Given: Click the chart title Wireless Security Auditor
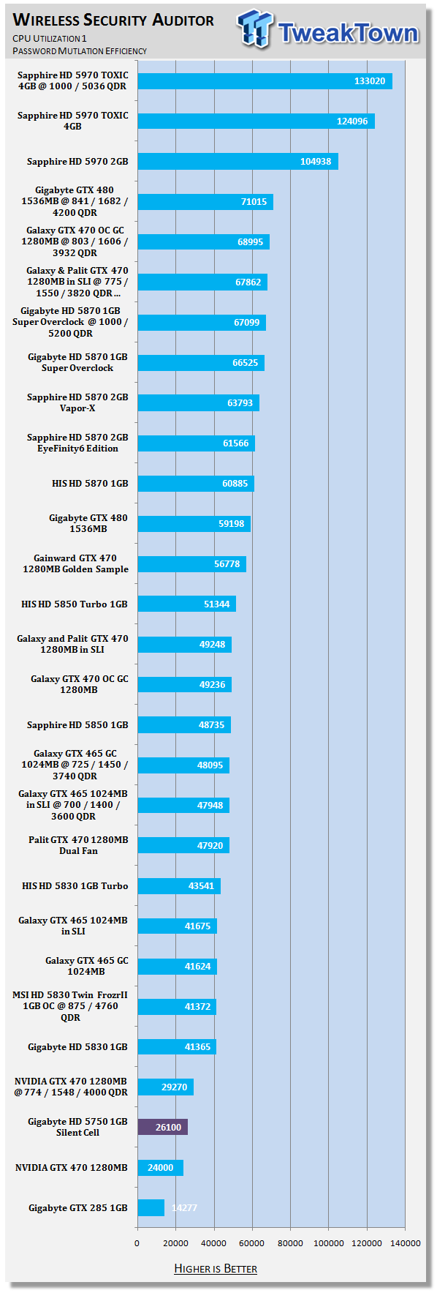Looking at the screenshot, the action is [x=114, y=20].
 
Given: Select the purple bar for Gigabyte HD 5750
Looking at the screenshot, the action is [x=163, y=1127].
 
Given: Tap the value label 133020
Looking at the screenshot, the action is [x=370, y=81].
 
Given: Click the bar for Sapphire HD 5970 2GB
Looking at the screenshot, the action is [x=238, y=161].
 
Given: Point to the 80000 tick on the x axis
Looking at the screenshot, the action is [x=290, y=1243].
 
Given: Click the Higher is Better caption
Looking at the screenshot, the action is [x=216, y=1268].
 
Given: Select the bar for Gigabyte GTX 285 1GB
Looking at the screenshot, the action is [x=151, y=1207].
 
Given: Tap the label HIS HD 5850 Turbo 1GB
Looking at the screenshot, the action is [x=75, y=604].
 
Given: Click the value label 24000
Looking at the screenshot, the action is [x=161, y=1168].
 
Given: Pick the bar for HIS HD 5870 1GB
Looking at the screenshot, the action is [x=196, y=483].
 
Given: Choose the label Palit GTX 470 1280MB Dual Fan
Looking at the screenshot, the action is [x=78, y=845].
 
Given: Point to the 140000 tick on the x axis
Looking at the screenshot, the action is [x=405, y=1243].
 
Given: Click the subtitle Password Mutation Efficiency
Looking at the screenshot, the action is [x=80, y=51].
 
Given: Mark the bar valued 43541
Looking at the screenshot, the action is [x=179, y=885].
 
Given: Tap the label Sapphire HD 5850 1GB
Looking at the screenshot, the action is [x=77, y=725].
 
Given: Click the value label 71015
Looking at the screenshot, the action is [x=254, y=202].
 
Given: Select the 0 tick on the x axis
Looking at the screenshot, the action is [x=137, y=1243].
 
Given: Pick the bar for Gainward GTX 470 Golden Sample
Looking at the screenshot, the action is [x=192, y=563].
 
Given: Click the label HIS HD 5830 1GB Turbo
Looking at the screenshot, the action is [x=75, y=886].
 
